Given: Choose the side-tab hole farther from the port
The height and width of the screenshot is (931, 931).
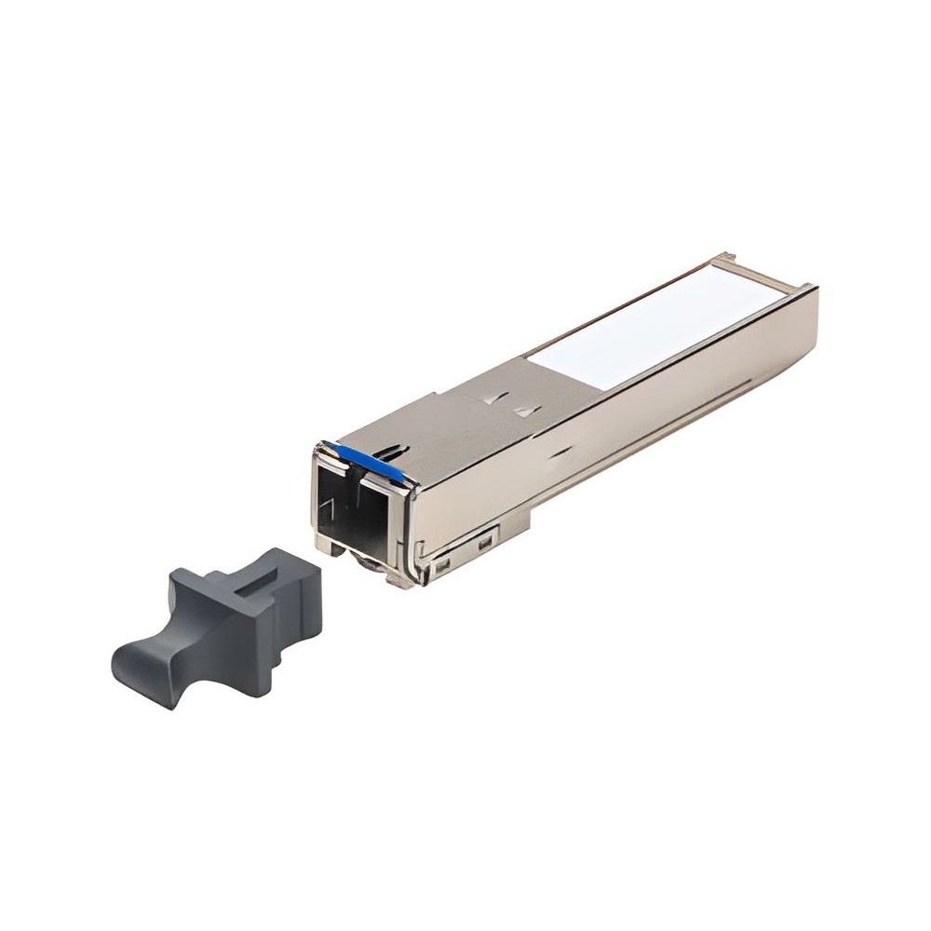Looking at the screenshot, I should tap(484, 543).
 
